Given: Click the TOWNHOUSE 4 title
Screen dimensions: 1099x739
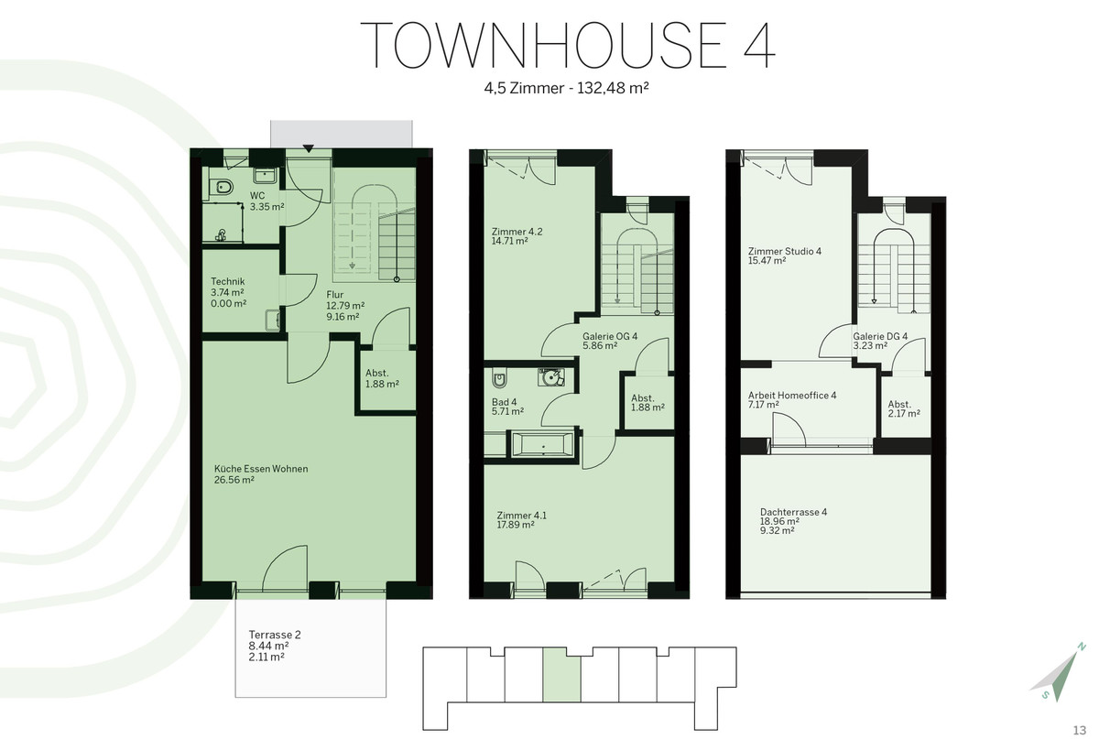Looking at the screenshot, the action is pyautogui.click(x=568, y=45).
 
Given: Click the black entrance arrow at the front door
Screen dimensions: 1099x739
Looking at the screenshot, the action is pyautogui.click(x=308, y=148).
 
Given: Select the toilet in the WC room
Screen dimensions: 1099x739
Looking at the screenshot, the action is pyautogui.click(x=222, y=187).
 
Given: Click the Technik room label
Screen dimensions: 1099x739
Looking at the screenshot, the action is pyautogui.click(x=228, y=282).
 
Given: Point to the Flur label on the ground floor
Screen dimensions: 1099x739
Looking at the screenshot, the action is pyautogui.click(x=335, y=295).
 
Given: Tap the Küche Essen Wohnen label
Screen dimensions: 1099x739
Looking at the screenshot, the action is pyautogui.click(x=261, y=469).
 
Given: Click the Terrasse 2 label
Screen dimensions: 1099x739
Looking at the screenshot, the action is pyautogui.click(x=275, y=635).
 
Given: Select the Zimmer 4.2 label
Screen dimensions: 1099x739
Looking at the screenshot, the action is pyautogui.click(x=517, y=232).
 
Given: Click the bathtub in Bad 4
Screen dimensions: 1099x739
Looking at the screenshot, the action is pyautogui.click(x=542, y=445).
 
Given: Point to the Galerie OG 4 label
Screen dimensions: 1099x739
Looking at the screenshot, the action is pyautogui.click(x=610, y=336).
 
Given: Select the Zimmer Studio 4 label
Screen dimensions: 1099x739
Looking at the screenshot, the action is pyautogui.click(x=785, y=251).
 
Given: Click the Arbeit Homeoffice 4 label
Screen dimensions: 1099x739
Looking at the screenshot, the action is pyautogui.click(x=792, y=395).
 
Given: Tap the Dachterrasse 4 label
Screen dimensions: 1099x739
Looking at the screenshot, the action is pyautogui.click(x=793, y=512).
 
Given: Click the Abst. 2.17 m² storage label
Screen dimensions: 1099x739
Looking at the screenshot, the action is pyautogui.click(x=904, y=408).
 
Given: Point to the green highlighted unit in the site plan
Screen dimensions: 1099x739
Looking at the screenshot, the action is pyautogui.click(x=561, y=675).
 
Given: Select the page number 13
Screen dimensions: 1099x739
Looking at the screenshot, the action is pyautogui.click(x=1080, y=730).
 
